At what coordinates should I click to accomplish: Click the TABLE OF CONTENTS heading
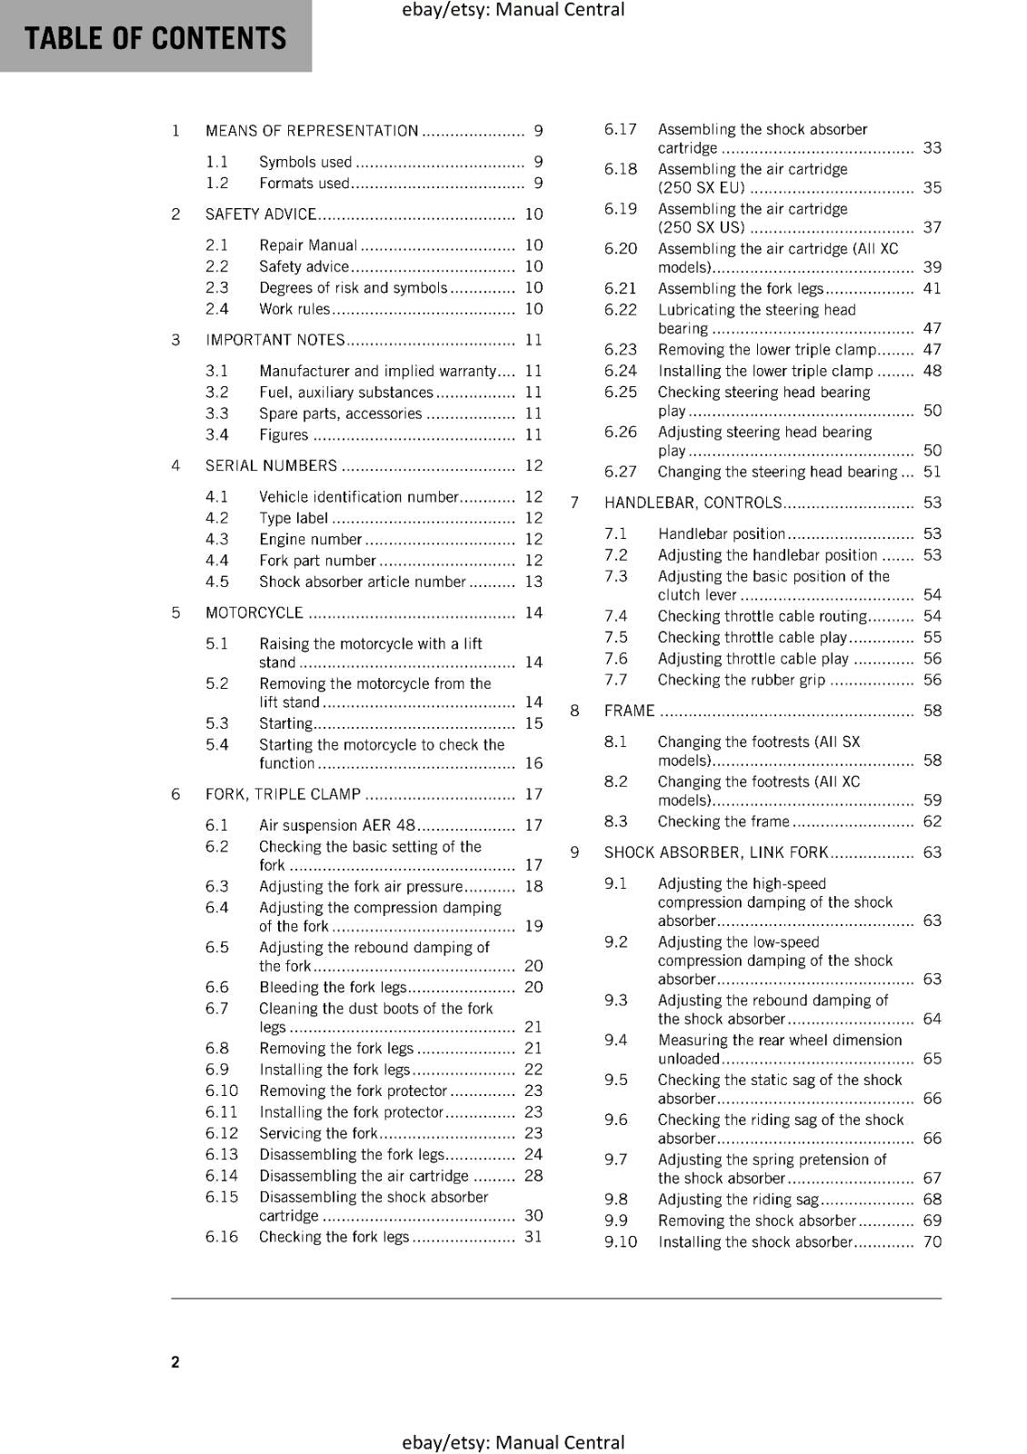(x=155, y=38)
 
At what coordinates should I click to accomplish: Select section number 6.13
(x=221, y=1154)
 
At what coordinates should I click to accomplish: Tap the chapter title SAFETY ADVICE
(x=261, y=214)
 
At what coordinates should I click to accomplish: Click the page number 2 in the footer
(x=175, y=1361)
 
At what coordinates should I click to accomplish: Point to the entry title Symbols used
(x=305, y=162)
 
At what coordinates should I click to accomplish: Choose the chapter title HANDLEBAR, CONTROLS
(x=693, y=503)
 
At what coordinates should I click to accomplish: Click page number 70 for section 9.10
(x=932, y=1241)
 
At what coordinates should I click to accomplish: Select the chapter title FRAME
(x=629, y=711)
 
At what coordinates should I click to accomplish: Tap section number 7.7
(x=615, y=680)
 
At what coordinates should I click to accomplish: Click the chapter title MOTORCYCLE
(x=254, y=612)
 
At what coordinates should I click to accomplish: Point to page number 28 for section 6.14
(x=533, y=1175)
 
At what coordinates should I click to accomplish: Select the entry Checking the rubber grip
(x=742, y=680)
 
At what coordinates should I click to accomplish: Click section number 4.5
(x=217, y=582)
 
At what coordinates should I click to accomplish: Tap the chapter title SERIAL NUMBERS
(x=271, y=465)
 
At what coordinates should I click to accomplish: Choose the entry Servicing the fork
(x=318, y=1133)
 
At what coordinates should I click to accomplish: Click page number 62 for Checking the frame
(x=932, y=822)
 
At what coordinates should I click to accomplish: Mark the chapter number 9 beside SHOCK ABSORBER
(x=574, y=852)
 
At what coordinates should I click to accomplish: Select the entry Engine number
(x=310, y=539)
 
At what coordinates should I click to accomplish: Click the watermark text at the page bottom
(x=513, y=1442)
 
